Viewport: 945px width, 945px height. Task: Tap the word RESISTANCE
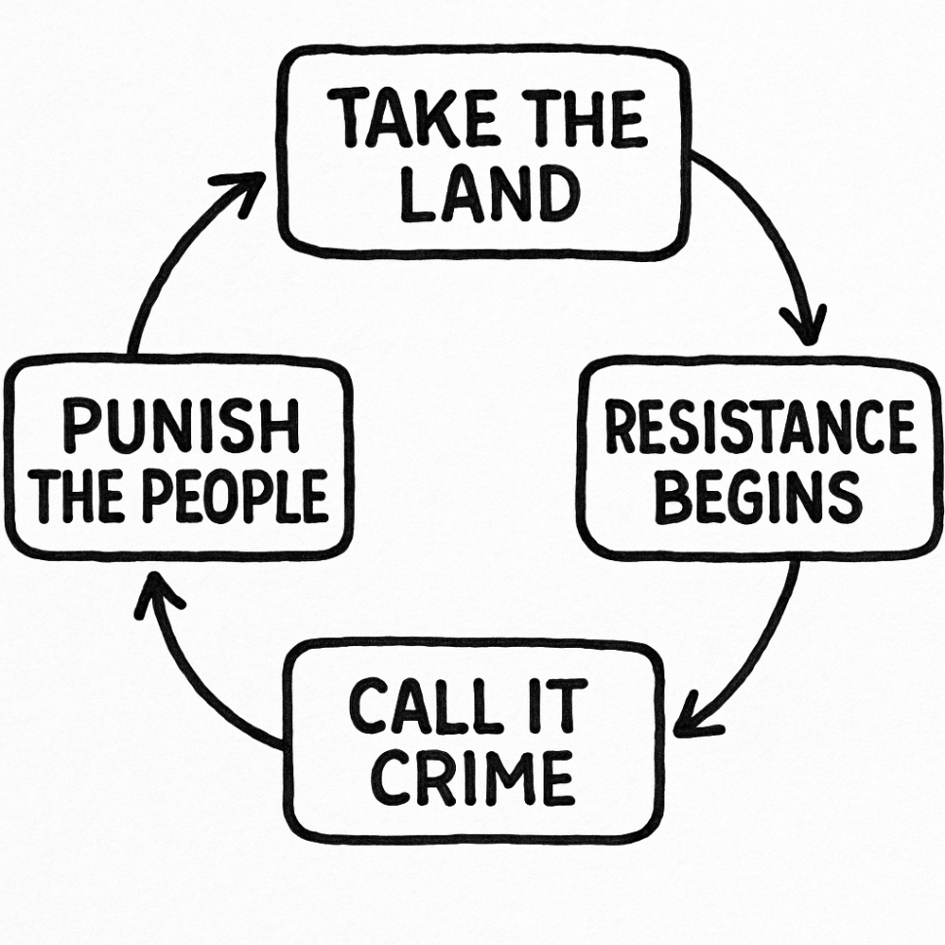[x=761, y=429]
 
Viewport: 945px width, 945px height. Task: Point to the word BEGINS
[x=758, y=496]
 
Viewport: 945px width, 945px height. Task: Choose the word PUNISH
[x=181, y=428]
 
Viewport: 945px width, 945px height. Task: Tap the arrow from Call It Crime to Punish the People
[x=195, y=682]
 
